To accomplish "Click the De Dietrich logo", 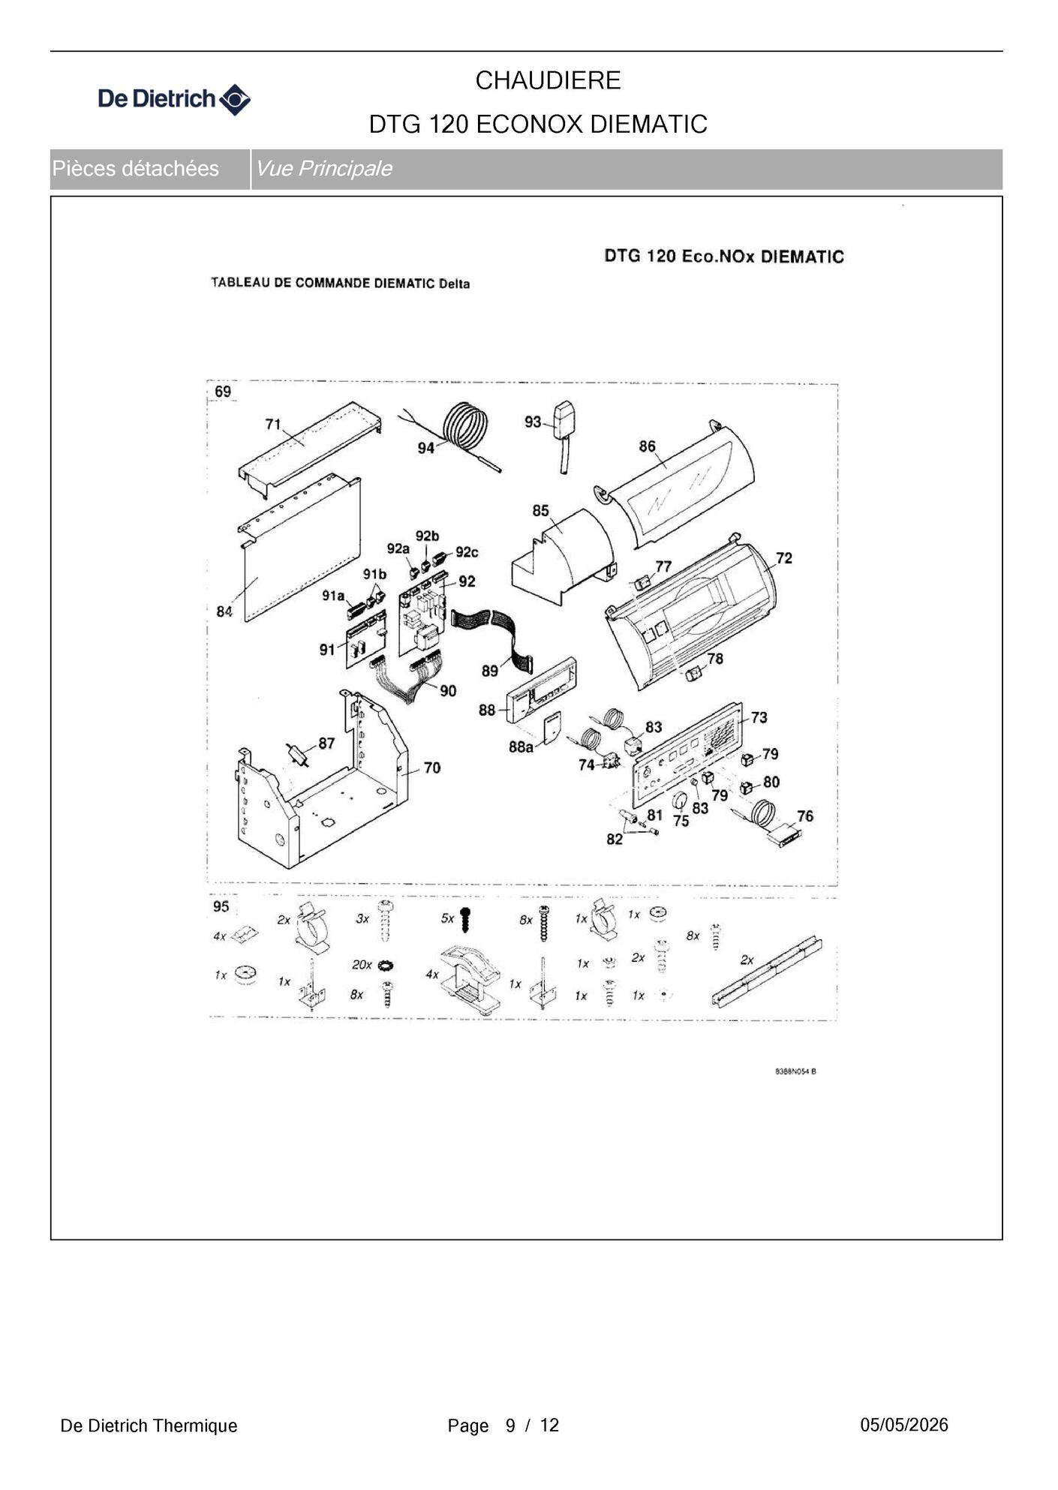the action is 174,99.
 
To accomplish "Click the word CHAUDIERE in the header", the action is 548,80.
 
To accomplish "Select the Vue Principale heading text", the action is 323,168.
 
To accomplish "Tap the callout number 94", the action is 426,448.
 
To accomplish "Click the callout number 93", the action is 533,422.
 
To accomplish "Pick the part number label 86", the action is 647,446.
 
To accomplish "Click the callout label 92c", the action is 467,552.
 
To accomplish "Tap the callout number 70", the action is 432,768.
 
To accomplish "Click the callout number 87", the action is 326,743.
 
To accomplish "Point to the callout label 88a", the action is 521,747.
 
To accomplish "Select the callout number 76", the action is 805,816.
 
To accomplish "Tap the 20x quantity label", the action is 362,965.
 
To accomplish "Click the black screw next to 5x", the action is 465,918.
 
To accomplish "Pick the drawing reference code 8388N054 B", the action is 795,1071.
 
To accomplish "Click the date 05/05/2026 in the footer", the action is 904,1425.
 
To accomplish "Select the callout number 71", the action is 273,424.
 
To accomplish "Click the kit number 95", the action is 221,906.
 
